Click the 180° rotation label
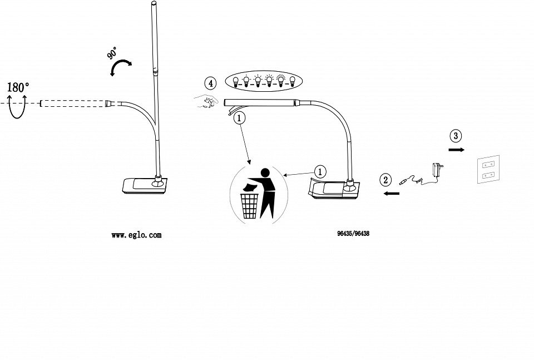pos(18,87)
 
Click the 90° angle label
pos(112,55)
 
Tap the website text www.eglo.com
pos(136,235)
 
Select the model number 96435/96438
pos(353,234)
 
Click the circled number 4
pos(210,84)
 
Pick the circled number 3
pos(456,136)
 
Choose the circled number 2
pos(385,180)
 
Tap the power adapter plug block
pos(435,169)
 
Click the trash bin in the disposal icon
pos(250,205)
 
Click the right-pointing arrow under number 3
pos(457,150)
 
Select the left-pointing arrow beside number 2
pos(392,194)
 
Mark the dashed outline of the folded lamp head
pos(72,103)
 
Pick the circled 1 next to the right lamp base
pos(320,172)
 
